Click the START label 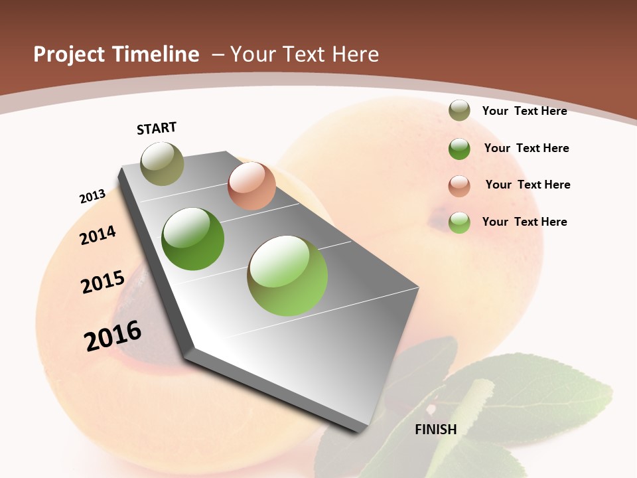click(157, 128)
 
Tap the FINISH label click(435, 430)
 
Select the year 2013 click(92, 197)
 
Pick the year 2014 click(98, 235)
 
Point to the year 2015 click(103, 282)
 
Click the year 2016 click(113, 335)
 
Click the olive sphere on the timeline click(162, 163)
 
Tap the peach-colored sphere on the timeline click(251, 186)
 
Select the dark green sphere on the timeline click(193, 239)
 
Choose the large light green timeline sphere click(287, 276)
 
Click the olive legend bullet click(459, 111)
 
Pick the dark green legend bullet click(459, 149)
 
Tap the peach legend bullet click(459, 185)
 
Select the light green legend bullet click(459, 222)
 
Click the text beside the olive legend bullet click(524, 111)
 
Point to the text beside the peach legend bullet click(528, 185)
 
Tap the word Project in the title click(69, 54)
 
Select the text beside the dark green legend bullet click(526, 148)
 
